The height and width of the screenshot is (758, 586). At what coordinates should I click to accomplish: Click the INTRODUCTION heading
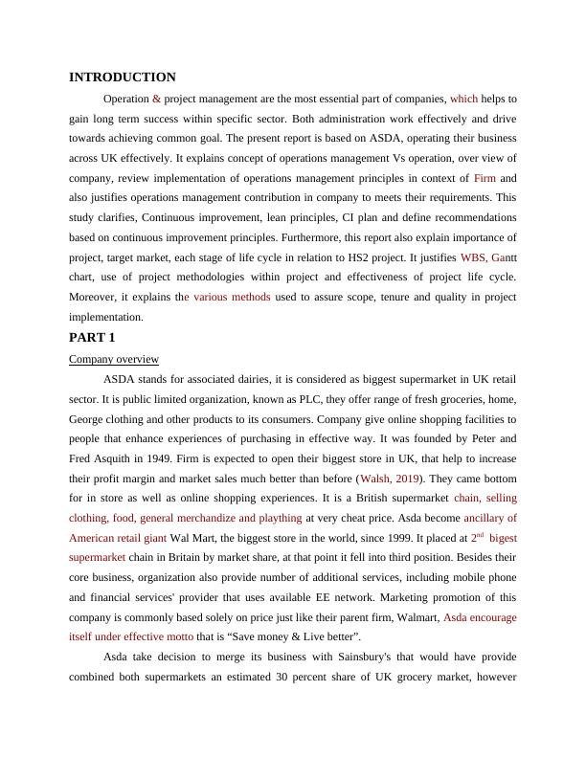(x=123, y=78)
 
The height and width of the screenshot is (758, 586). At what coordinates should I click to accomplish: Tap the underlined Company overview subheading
(x=114, y=359)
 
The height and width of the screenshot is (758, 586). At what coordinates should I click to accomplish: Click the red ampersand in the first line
(x=156, y=99)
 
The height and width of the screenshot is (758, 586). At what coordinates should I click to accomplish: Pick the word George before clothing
(x=90, y=419)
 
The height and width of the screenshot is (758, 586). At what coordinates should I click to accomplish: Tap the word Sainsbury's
(x=312, y=658)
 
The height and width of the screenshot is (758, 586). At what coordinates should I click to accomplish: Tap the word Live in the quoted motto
(x=320, y=636)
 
